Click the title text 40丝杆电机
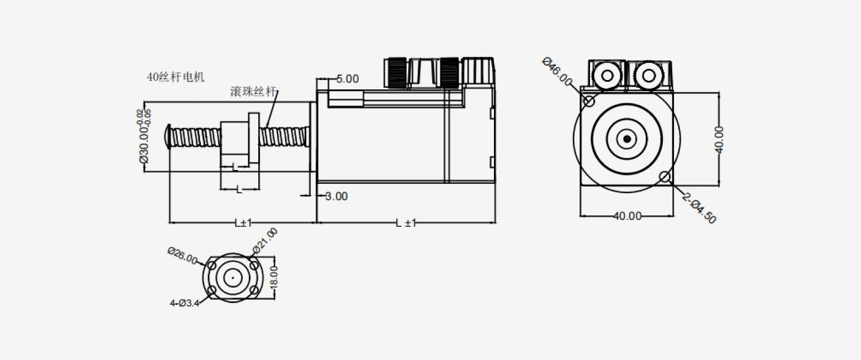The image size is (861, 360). (x=176, y=77)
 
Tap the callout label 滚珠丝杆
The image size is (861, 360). (x=253, y=92)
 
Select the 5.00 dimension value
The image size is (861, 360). (x=348, y=79)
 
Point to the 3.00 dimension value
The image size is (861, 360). (x=336, y=197)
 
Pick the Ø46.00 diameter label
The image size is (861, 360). (x=557, y=72)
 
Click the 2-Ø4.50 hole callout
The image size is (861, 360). (x=699, y=208)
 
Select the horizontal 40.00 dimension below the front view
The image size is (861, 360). (x=628, y=216)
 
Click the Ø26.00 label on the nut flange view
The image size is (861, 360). (x=183, y=256)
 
